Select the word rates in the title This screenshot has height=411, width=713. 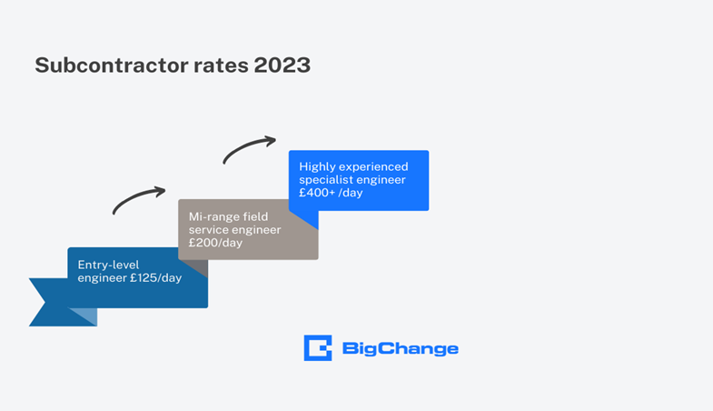point(214,65)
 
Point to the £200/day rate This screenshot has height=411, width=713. point(215,243)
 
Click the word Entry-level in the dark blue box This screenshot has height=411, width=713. point(107,264)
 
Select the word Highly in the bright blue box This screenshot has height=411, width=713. point(317,166)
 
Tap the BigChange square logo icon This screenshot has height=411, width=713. point(317,348)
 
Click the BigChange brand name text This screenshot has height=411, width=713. point(400,348)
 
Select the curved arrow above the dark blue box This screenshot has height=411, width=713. point(139,199)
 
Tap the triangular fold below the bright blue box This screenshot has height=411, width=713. point(305,217)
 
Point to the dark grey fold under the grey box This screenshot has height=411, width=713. point(195,267)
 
